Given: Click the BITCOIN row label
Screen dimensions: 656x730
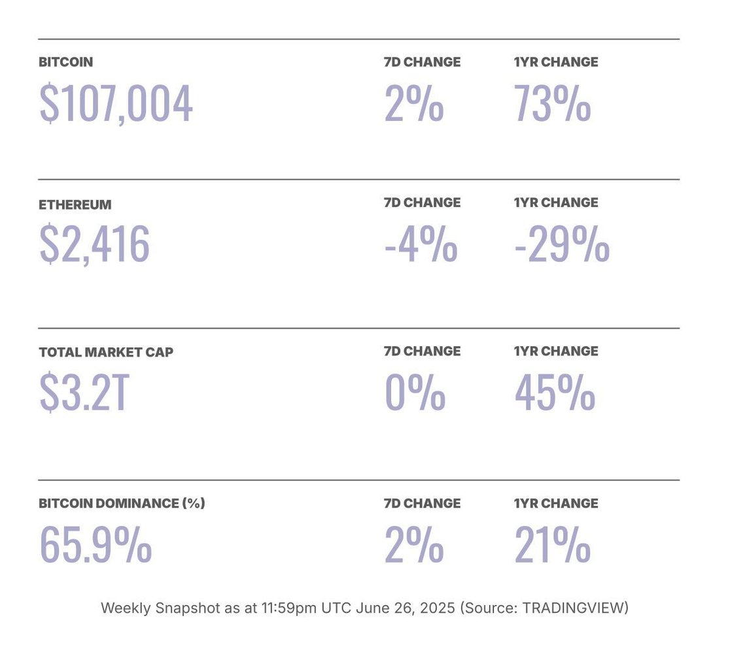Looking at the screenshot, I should click(x=65, y=63).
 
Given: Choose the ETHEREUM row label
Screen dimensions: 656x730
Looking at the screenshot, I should click(x=75, y=205).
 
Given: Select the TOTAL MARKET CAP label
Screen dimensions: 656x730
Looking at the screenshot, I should click(x=106, y=352).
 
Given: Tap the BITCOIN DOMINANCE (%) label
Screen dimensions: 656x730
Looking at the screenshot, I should click(x=122, y=504).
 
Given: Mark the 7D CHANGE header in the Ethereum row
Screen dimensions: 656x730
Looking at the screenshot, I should click(x=422, y=203).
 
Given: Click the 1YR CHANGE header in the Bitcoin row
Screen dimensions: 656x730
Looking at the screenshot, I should click(x=556, y=62).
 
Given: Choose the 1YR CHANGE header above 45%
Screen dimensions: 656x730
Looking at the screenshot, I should click(x=556, y=352).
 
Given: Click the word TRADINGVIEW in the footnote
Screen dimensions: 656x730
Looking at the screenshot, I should click(x=574, y=608).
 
